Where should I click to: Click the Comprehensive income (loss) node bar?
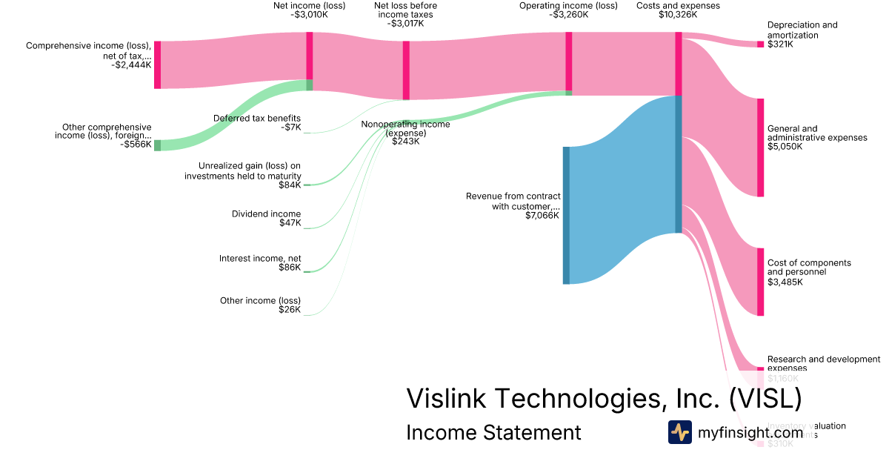(157, 65)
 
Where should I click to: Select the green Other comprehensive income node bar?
(157, 145)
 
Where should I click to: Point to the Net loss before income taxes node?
(406, 70)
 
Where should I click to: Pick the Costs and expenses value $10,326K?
(678, 14)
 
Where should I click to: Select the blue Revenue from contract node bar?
(567, 215)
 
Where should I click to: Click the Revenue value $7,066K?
(542, 216)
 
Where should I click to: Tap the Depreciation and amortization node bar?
(760, 44)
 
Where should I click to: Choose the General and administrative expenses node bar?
(760, 148)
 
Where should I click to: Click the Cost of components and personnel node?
(760, 282)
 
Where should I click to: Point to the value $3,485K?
(785, 282)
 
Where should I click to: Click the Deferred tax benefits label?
(257, 118)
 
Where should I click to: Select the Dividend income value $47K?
(290, 223)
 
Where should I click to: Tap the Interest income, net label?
(260, 258)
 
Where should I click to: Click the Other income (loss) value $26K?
(290, 309)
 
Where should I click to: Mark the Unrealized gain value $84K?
(290, 185)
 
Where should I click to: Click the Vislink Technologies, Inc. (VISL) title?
(604, 399)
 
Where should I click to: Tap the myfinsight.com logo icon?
(679, 432)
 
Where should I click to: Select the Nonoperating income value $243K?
(405, 142)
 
